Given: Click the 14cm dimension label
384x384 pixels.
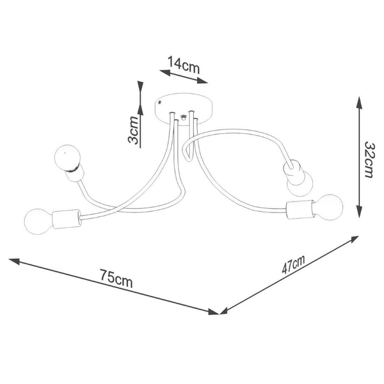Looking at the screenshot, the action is point(184,65).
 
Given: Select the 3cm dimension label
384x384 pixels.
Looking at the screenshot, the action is point(133,130).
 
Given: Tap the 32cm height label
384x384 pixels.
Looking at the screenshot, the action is point(369,159).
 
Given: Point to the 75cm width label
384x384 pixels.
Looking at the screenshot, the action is point(116,278).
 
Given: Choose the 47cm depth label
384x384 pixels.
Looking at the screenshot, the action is point(293,264).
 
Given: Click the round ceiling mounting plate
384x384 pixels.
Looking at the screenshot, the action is point(184,109).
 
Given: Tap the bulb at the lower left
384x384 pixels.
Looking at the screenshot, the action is point(38,221).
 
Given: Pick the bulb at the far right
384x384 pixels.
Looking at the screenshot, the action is point(328,207).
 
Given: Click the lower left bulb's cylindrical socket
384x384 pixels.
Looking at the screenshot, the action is point(67,219).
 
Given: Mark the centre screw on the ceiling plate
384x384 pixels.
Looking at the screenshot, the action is point(182,118).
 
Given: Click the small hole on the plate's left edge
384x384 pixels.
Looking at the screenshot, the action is point(159,102).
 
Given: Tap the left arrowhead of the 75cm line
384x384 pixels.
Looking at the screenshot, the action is point(14,261).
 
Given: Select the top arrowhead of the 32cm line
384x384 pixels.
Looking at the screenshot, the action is point(359,102).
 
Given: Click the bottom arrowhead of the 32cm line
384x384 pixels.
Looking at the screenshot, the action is point(359,212).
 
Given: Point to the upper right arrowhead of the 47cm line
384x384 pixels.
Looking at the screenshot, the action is point(354,239).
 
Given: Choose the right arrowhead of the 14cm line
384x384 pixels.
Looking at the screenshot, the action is point(202,81).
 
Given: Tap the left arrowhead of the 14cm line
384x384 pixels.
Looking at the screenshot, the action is point(165,72).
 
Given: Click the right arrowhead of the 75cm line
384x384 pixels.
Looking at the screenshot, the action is point(213,312).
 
